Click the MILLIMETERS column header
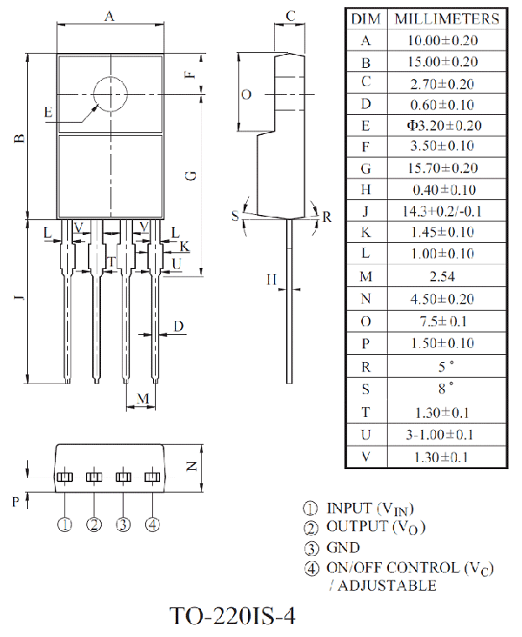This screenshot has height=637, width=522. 447,18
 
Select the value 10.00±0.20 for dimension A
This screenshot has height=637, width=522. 443,40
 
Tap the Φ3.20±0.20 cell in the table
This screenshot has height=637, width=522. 445,125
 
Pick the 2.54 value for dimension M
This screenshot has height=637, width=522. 442,277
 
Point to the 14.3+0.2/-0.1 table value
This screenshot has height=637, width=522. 442,211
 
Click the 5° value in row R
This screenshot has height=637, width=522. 445,366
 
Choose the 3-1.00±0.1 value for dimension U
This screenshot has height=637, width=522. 440,435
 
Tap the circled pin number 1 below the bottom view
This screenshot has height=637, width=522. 65,525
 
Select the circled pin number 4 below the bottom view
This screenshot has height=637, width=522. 152,525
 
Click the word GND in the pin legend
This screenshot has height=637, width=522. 344,547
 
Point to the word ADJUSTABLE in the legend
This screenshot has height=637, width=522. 387,586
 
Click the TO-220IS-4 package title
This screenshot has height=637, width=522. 232,616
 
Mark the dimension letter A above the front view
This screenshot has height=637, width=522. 110,17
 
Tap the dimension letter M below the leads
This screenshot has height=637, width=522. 143,399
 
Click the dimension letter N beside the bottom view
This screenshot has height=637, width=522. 191,466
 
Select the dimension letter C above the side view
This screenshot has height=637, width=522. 291,16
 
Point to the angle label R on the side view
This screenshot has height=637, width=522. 327,217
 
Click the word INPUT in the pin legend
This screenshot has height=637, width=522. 350,508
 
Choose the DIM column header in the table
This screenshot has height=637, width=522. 366,18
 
